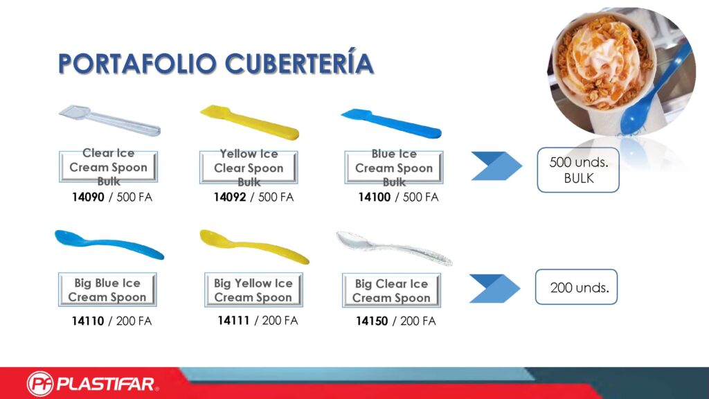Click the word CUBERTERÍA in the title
[x=299, y=63]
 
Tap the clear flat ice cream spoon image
[x=110, y=120]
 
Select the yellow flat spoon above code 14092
[x=249, y=122]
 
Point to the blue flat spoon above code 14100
[x=391, y=123]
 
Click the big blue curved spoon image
[x=109, y=245]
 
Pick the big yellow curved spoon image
[x=254, y=246]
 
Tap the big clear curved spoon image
[x=394, y=248]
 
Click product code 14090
[x=88, y=197]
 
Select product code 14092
[x=230, y=197]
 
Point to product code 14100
[x=375, y=197]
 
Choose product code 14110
[x=88, y=321]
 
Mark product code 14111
[x=233, y=320]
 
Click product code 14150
[x=372, y=321]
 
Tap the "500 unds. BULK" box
[x=578, y=170]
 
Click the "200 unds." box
[x=576, y=287]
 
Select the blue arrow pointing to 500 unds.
[x=496, y=166]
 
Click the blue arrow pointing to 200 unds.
[x=494, y=288]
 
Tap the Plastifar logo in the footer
[x=93, y=384]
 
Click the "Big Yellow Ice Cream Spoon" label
[x=253, y=290]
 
